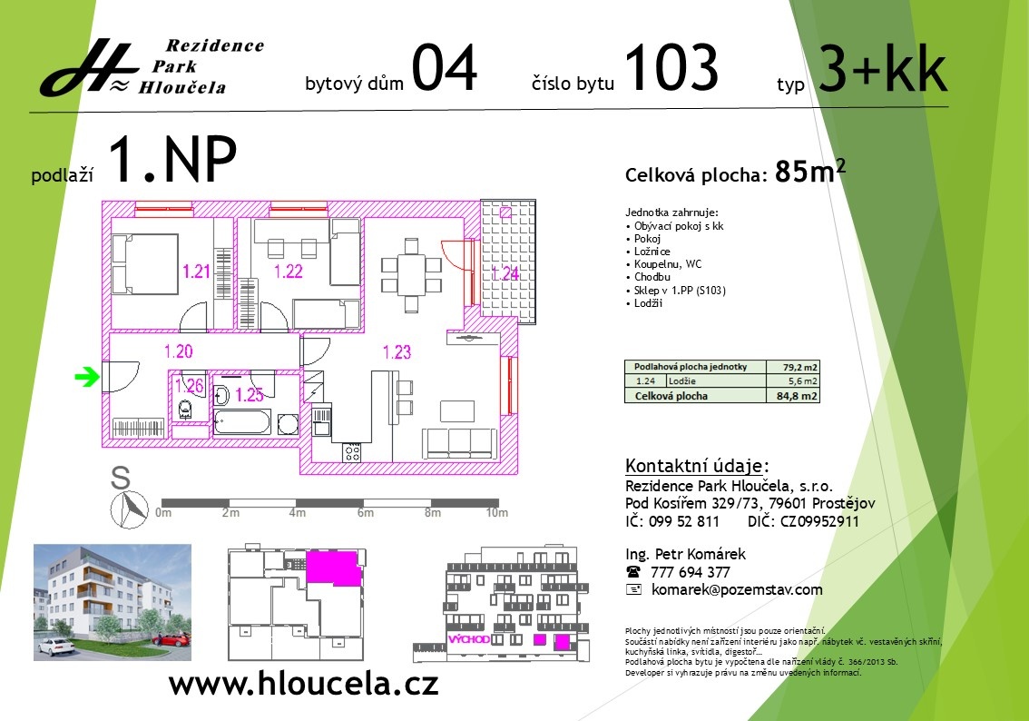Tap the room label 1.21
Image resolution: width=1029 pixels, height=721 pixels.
(196, 271)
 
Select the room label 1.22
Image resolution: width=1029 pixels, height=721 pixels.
(288, 271)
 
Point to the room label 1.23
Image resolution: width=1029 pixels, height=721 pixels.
(397, 351)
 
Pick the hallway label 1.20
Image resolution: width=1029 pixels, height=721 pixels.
(179, 351)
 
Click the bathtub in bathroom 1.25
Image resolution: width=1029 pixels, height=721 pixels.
(241, 422)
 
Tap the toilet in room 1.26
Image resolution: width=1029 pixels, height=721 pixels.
(186, 410)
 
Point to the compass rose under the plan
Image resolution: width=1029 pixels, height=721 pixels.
(128, 508)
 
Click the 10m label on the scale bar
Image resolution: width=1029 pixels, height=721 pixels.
(496, 513)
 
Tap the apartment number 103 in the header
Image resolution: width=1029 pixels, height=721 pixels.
(671, 69)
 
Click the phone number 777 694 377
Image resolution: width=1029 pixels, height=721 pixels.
(691, 572)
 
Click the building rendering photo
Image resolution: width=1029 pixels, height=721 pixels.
(113, 600)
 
